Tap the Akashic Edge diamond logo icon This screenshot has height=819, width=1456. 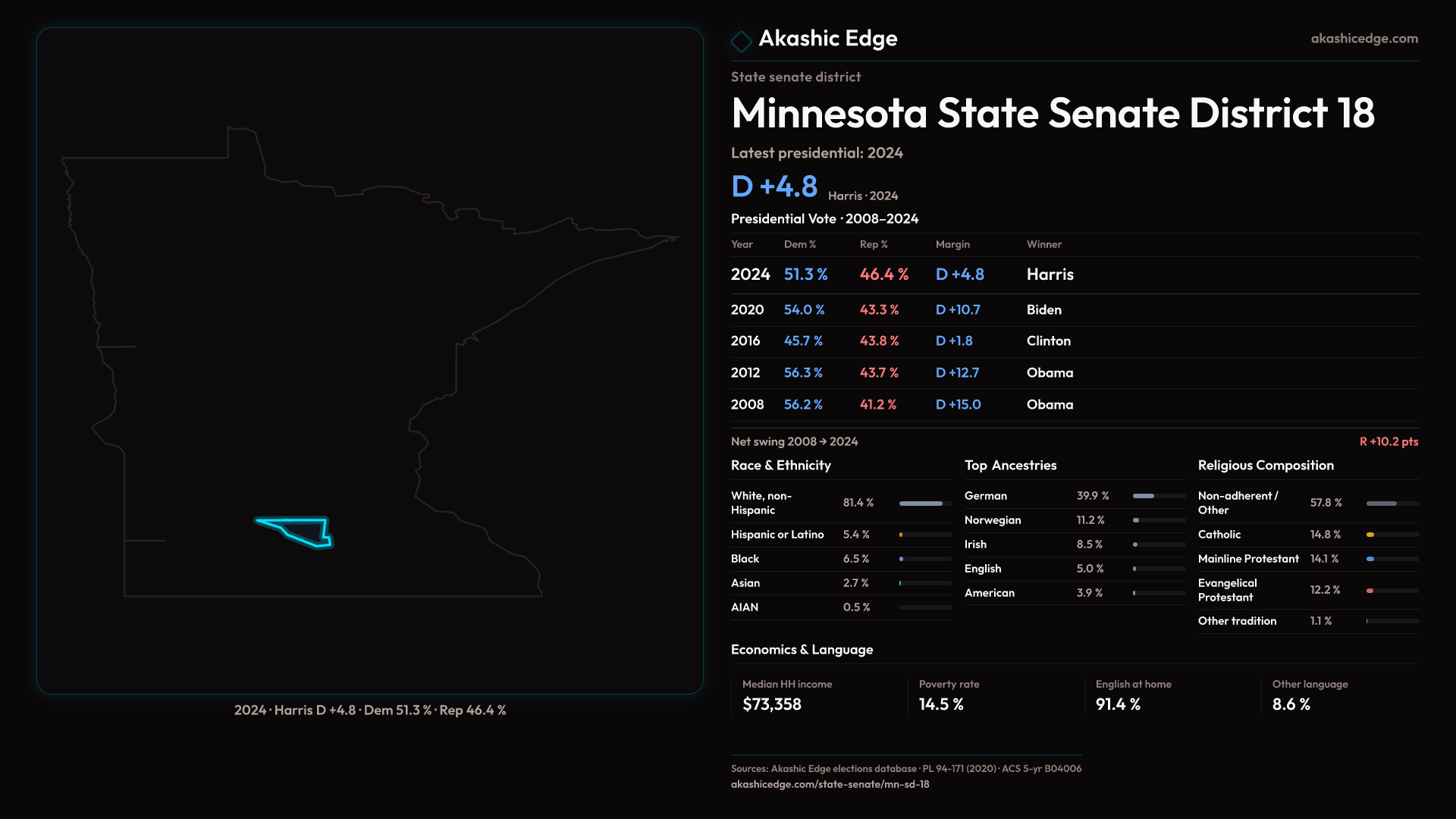[741, 41]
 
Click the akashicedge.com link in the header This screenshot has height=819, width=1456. [1364, 39]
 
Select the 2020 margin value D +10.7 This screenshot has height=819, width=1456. [958, 310]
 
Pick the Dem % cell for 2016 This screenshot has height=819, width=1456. [803, 341]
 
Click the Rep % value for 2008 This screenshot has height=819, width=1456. [878, 405]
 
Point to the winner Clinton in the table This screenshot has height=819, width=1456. [1049, 341]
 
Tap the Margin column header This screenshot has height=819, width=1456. [952, 244]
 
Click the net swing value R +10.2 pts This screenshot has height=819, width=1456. [1389, 441]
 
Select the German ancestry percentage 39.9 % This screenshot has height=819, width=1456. [1093, 496]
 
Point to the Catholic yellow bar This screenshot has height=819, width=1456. [1370, 535]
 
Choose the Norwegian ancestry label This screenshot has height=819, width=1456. [993, 520]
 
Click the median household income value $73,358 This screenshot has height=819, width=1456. [772, 704]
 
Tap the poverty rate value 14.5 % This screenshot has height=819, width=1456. [941, 704]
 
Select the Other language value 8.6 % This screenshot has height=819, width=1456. [1291, 704]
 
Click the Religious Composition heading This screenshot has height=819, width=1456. [1266, 466]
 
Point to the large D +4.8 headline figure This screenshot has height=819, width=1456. [774, 187]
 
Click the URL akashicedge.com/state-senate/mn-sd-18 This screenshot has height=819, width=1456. [830, 784]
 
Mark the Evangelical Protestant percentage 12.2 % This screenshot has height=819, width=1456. [1325, 590]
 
